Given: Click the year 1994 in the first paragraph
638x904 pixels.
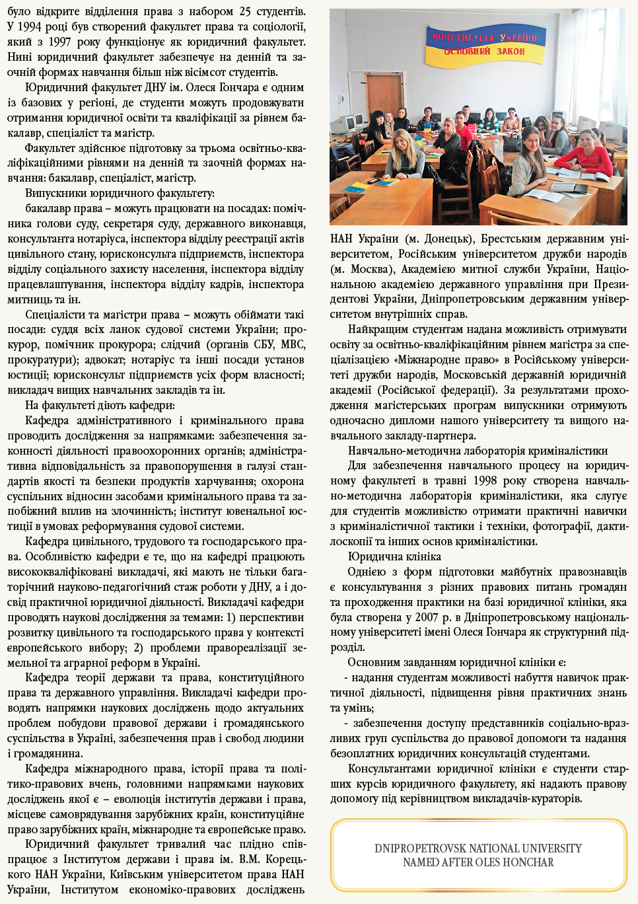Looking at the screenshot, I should pyautogui.click(x=32, y=27).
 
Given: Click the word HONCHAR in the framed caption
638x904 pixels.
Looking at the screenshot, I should pyautogui.click(x=526, y=862).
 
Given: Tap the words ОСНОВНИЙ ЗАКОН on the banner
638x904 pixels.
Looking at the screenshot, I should pyautogui.click(x=484, y=51).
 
